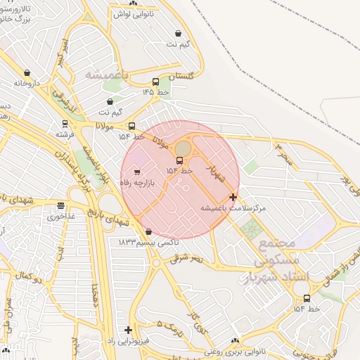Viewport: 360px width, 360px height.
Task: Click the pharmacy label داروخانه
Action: point(29,83)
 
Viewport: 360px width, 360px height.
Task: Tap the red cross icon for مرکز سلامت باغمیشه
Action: point(233,197)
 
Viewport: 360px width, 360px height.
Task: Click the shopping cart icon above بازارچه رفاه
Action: point(136,171)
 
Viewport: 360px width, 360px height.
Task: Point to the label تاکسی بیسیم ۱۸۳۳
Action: point(148,242)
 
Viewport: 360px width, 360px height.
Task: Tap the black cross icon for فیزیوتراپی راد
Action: point(128,329)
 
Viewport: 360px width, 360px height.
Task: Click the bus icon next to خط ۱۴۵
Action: point(155,82)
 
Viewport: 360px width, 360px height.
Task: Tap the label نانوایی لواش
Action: point(134,13)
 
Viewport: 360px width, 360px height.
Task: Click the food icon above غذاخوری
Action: point(61,206)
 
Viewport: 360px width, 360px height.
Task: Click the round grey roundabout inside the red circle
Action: point(183,148)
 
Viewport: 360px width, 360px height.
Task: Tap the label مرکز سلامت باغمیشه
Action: point(233,208)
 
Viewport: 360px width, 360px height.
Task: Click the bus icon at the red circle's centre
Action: point(179,160)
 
